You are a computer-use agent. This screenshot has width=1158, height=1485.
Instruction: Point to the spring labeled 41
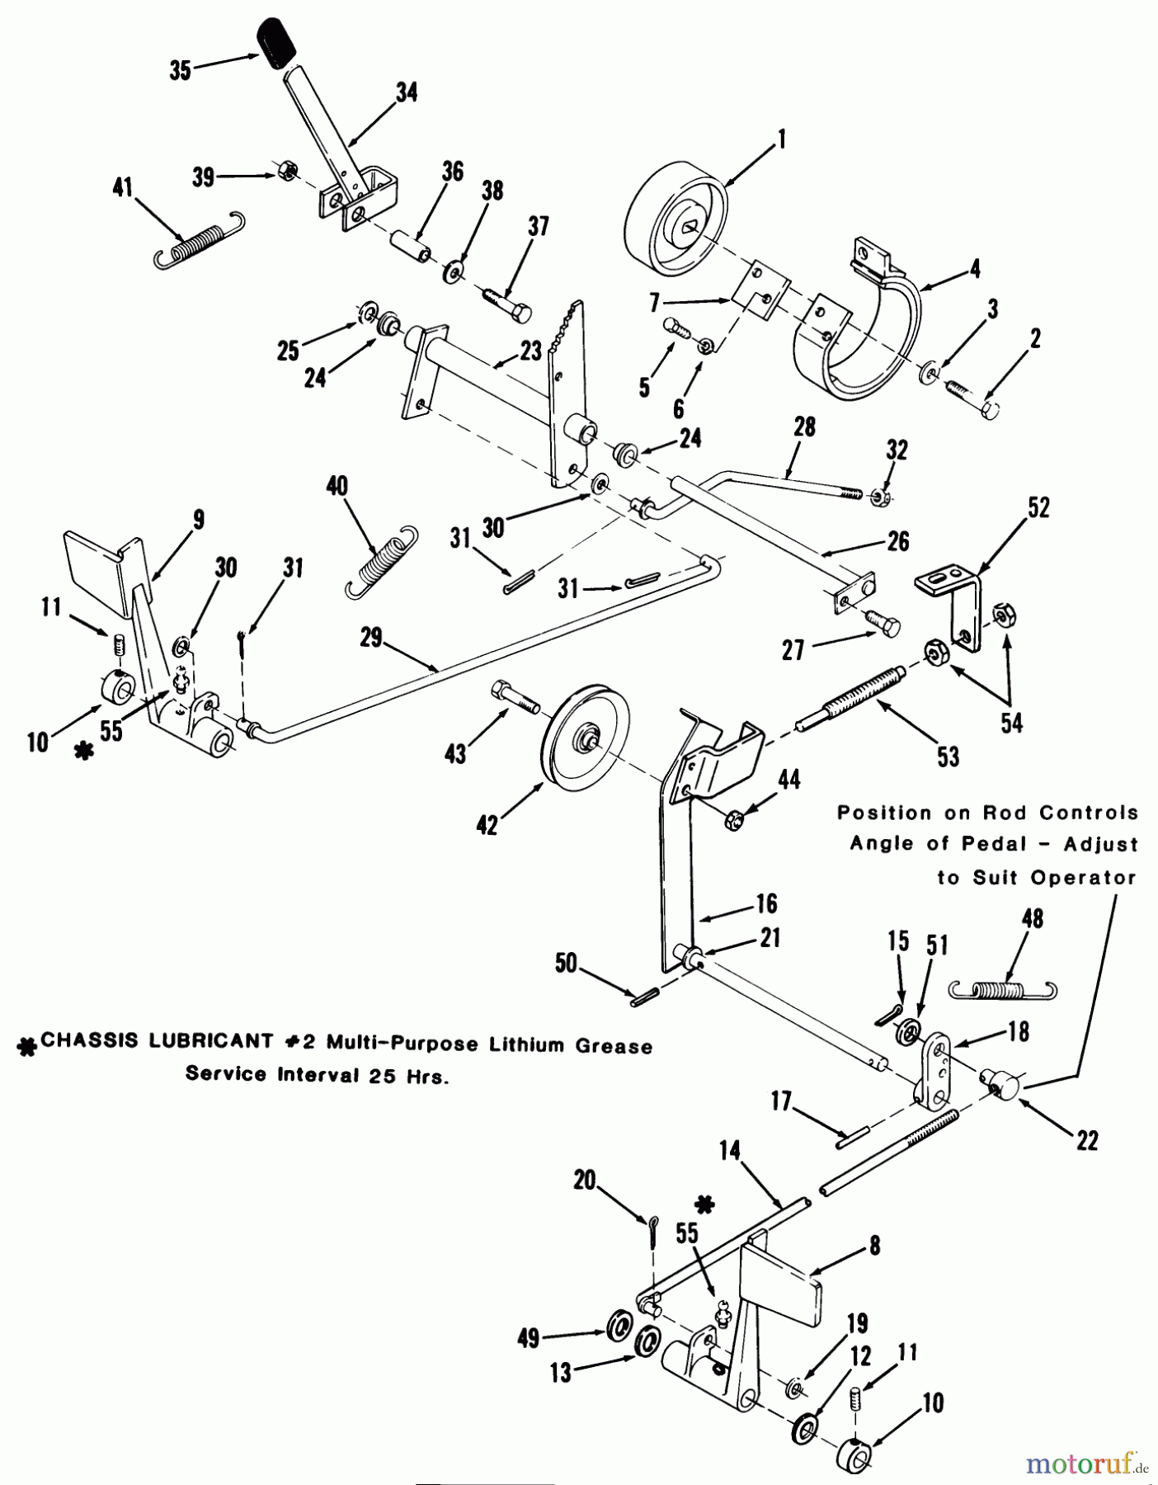[201, 239]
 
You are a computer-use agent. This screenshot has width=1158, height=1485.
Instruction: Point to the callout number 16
[766, 903]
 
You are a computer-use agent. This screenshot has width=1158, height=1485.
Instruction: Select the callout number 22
[1087, 1141]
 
